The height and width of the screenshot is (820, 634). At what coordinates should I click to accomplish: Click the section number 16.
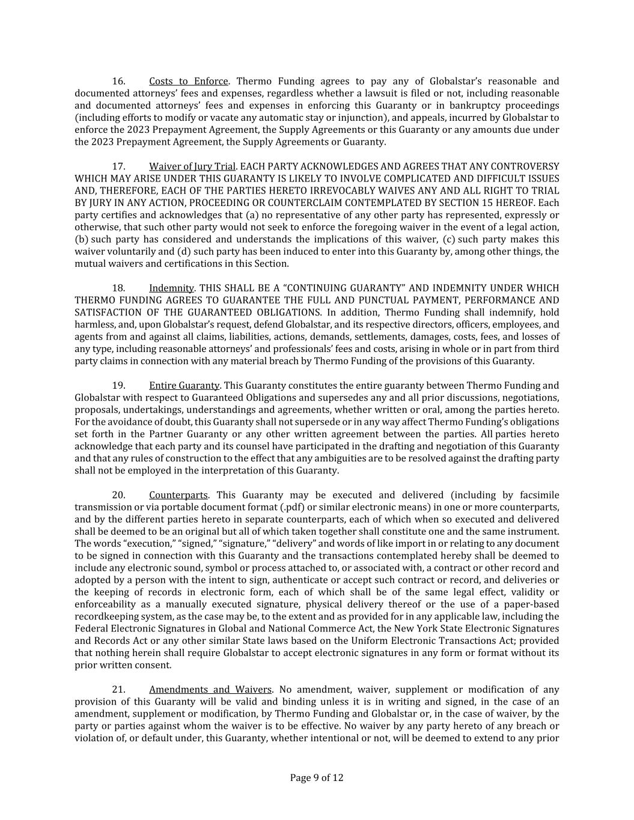(118, 81)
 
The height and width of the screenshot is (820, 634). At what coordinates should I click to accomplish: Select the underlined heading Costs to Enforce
(188, 81)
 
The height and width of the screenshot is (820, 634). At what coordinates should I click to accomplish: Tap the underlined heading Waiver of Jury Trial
(192, 166)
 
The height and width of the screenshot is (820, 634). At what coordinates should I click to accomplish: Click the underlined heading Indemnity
(171, 288)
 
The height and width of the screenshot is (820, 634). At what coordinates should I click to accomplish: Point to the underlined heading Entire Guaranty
(184, 386)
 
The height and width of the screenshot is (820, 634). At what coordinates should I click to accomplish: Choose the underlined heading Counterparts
(178, 495)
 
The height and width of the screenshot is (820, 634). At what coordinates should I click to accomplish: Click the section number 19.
(118, 386)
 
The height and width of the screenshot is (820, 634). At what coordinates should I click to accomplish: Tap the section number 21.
(118, 690)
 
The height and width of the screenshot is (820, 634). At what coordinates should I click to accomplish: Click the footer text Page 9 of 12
(317, 778)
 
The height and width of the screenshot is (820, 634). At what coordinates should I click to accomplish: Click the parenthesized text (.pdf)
(291, 507)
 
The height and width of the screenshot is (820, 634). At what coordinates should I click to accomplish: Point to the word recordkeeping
(106, 616)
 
